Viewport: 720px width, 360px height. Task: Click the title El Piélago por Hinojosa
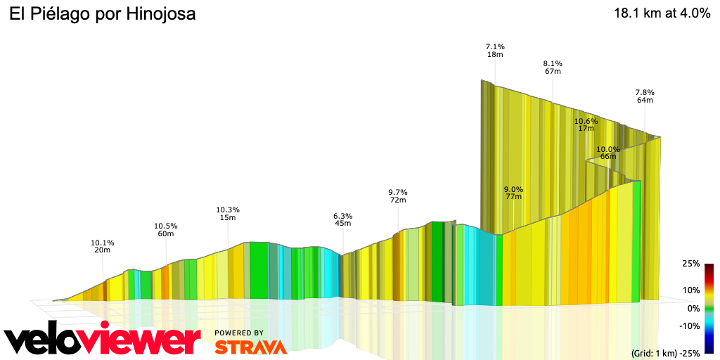(x=102, y=13)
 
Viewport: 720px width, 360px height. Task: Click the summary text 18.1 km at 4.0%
(x=662, y=13)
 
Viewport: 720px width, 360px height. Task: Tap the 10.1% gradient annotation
(x=103, y=243)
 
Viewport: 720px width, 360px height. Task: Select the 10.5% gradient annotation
(x=166, y=226)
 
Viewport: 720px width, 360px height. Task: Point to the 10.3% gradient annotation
(x=228, y=210)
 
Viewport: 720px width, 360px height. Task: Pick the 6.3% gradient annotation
(x=343, y=216)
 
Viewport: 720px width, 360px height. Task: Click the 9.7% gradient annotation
(x=398, y=192)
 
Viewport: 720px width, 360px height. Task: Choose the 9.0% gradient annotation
(x=513, y=189)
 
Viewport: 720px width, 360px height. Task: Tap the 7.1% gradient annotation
(x=495, y=46)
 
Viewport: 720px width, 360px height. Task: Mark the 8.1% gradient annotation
(x=553, y=63)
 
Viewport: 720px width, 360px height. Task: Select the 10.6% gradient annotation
(x=586, y=121)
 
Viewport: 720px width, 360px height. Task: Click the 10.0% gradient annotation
(x=608, y=149)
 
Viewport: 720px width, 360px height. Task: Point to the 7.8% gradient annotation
(x=645, y=92)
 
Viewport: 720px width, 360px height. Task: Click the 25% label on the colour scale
(x=690, y=264)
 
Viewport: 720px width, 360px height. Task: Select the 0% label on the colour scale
(x=693, y=308)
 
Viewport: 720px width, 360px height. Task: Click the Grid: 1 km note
(x=653, y=352)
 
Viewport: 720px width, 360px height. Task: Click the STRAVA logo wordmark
(x=250, y=347)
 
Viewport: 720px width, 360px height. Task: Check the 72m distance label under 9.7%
(x=398, y=200)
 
